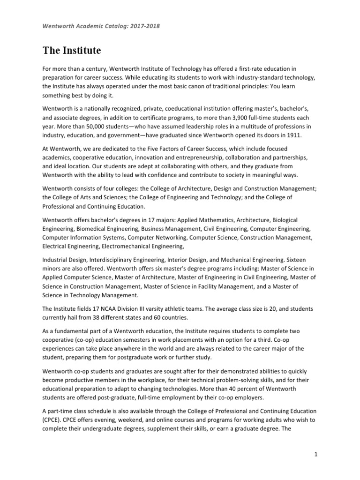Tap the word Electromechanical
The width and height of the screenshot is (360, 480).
123,246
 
